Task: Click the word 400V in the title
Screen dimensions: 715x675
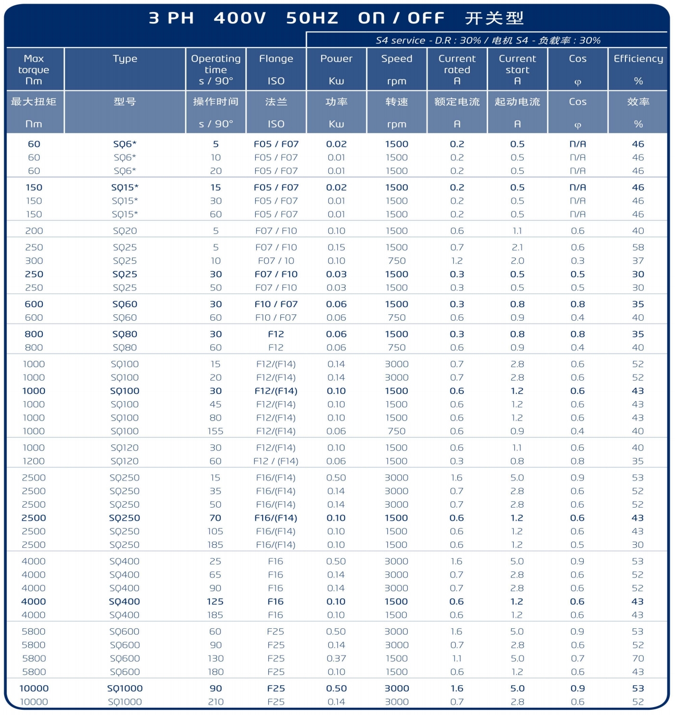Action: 240,18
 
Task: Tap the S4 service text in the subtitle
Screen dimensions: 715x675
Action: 400,40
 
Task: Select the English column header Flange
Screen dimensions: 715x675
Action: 276,58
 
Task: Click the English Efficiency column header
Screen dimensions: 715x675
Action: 638,58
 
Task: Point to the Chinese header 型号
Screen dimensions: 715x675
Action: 125,101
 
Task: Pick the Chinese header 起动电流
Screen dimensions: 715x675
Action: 517,101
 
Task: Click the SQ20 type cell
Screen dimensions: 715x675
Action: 125,231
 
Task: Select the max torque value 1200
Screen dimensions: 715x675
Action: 34,461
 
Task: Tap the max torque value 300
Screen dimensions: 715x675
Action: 34,261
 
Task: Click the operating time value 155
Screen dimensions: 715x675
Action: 215,431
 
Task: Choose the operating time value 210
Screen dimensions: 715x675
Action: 215,702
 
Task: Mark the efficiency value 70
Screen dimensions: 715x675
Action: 638,659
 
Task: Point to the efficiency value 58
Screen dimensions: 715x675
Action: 638,248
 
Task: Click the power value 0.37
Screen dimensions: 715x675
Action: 336,659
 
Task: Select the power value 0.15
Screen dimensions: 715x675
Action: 336,248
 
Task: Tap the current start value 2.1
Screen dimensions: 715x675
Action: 517,248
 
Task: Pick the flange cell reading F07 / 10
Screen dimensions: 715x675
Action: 276,261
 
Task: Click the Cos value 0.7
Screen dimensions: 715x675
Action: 577,659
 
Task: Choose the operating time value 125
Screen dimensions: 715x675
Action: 215,602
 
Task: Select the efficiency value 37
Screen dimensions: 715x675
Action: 638,261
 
